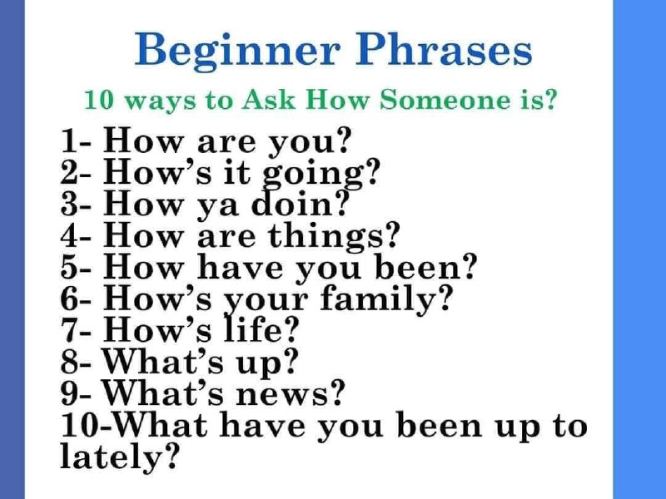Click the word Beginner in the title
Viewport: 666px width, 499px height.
(237, 52)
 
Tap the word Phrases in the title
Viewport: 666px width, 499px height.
(444, 49)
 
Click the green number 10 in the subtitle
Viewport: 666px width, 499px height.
(99, 100)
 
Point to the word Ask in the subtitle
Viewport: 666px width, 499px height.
(268, 99)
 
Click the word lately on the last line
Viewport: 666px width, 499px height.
(112, 457)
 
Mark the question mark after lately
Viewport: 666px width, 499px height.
(170, 455)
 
